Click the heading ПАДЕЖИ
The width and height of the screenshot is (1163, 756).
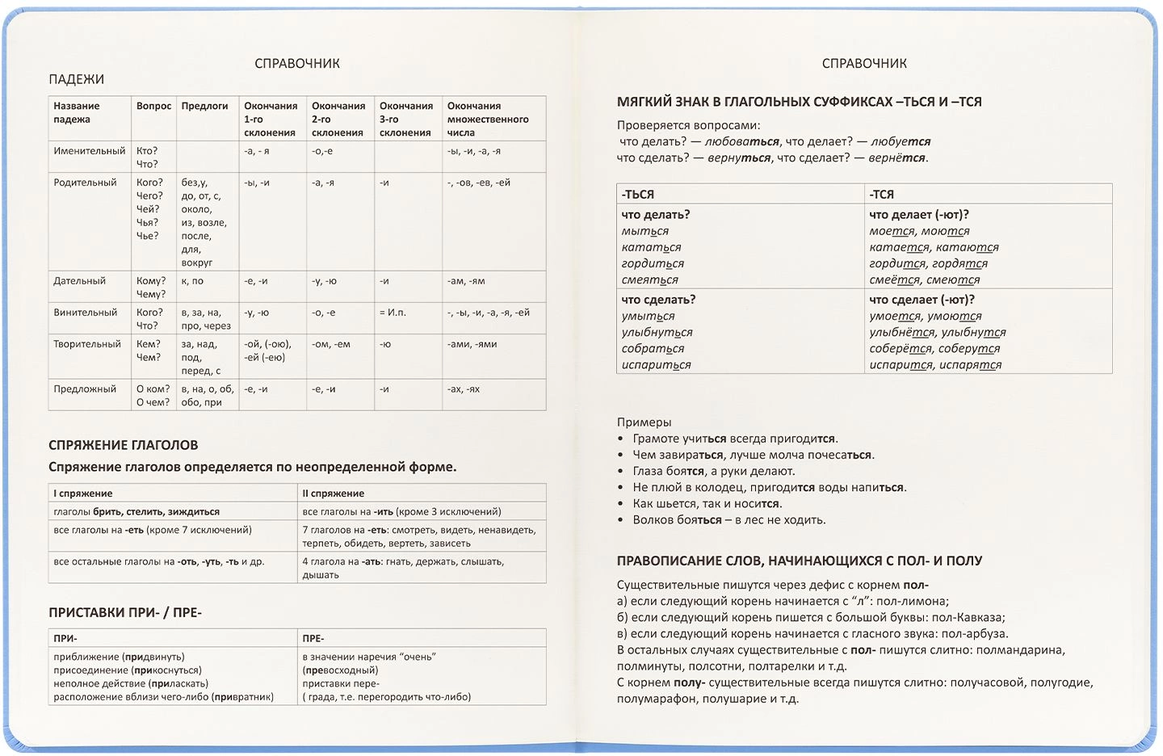76,79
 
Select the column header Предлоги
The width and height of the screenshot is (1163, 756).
204,106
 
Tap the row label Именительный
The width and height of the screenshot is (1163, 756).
90,151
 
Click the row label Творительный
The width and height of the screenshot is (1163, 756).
87,344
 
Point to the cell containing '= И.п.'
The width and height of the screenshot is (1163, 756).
393,313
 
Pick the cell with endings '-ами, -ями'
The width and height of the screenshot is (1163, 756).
472,344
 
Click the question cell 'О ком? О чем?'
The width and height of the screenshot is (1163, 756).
153,396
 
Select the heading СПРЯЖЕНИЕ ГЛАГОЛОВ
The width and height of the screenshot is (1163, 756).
123,445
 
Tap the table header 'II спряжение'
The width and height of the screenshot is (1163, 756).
333,493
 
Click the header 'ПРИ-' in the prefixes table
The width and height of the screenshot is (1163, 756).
65,638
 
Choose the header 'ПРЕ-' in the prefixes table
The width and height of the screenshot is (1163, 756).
313,638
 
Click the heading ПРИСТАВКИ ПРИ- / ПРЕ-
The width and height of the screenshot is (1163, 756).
124,612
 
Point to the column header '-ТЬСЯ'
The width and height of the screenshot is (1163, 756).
638,195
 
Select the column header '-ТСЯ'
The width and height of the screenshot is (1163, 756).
881,195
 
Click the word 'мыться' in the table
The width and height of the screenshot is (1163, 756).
644,231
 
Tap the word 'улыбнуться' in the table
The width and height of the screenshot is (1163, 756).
657,332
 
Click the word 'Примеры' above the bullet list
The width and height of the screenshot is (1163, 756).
644,422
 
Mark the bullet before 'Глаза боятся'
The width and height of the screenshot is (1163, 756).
620,472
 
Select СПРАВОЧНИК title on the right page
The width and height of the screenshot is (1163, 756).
864,63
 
